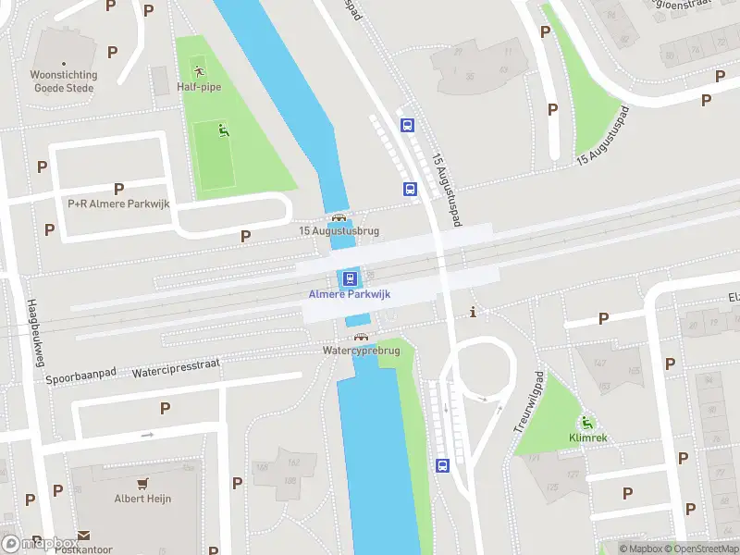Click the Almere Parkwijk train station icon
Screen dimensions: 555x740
(x=350, y=278)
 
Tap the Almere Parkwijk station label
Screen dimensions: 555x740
(x=350, y=294)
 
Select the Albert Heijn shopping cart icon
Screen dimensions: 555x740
(x=142, y=484)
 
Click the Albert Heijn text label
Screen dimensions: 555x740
(x=142, y=499)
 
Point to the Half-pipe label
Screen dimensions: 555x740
(x=199, y=87)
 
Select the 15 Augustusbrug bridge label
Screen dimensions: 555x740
(x=339, y=231)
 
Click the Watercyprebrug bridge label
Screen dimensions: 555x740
(x=361, y=351)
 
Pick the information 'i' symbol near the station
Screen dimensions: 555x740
(x=475, y=312)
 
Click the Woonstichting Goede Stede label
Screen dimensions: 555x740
(x=65, y=81)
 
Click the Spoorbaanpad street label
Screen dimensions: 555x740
(x=81, y=377)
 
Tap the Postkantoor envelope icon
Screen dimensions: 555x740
(x=83, y=536)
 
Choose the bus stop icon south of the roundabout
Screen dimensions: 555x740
(x=442, y=465)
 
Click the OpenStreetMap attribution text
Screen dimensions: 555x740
(x=701, y=549)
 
